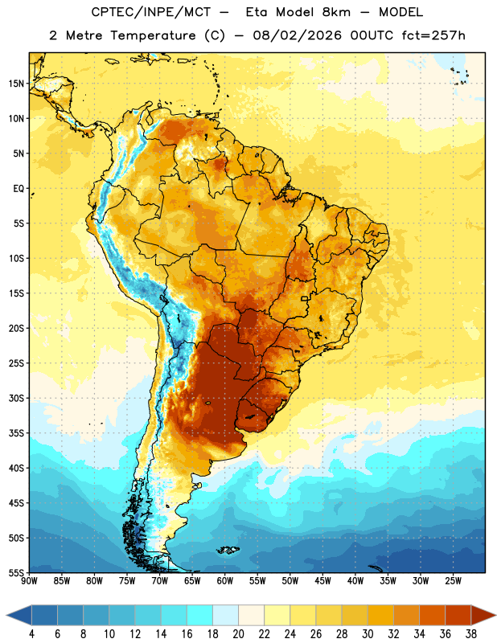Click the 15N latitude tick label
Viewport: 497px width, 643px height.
(16, 84)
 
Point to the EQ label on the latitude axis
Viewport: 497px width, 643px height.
(18, 189)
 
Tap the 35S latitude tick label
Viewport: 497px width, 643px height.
(16, 433)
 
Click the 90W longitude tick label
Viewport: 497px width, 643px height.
(29, 580)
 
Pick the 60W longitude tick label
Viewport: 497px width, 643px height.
(225, 580)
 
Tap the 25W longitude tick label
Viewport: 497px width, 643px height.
(453, 580)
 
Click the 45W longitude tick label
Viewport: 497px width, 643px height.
(322, 580)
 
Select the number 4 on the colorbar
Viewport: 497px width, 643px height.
(31, 634)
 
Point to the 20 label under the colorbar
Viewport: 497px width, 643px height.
(238, 634)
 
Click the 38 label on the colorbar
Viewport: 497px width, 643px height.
(471, 634)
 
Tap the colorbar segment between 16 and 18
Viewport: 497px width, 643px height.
(199, 615)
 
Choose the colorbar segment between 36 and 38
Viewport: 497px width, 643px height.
(458, 615)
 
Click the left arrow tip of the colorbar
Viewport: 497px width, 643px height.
(6, 615)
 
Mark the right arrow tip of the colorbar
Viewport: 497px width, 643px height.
(496, 615)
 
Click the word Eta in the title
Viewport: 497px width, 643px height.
(256, 12)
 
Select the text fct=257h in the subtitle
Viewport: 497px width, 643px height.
(433, 35)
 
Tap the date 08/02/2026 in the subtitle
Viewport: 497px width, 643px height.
(297, 35)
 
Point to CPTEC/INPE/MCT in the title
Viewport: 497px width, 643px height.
(150, 12)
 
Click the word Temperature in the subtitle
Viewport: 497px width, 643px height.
(153, 36)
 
